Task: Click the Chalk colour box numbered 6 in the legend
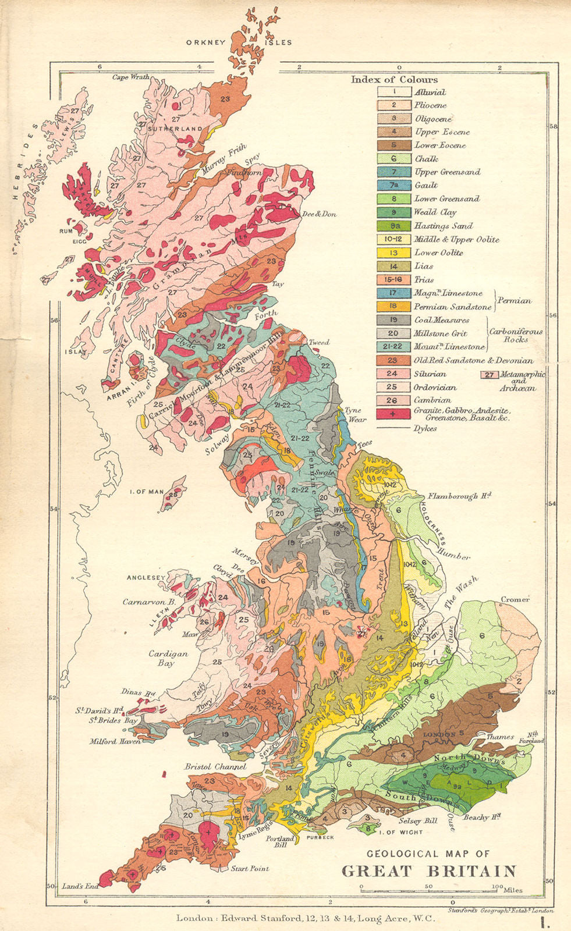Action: (393, 159)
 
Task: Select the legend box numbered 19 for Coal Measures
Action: (393, 320)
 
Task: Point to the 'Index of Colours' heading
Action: (394, 80)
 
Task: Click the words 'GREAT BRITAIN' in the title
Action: (428, 871)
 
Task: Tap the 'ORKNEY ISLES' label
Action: (239, 42)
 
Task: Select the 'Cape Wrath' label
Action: (131, 77)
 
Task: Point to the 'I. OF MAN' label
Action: (146, 492)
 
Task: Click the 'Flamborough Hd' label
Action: (460, 496)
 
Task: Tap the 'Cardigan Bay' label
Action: (169, 658)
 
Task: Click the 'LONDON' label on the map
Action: (439, 734)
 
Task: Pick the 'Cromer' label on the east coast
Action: (515, 599)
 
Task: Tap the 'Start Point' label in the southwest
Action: (250, 869)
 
